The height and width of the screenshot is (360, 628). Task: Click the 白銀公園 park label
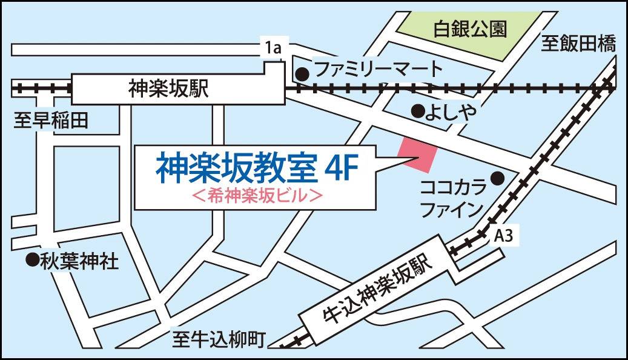click(470, 29)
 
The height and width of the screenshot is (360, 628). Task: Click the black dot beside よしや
click(417, 111)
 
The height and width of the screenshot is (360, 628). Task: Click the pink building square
click(420, 153)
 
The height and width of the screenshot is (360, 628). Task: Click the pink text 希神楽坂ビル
click(255, 195)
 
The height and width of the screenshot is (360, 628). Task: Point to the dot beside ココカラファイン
click(497, 178)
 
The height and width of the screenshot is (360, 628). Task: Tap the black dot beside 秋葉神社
click(31, 261)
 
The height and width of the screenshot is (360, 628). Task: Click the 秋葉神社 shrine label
click(79, 261)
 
